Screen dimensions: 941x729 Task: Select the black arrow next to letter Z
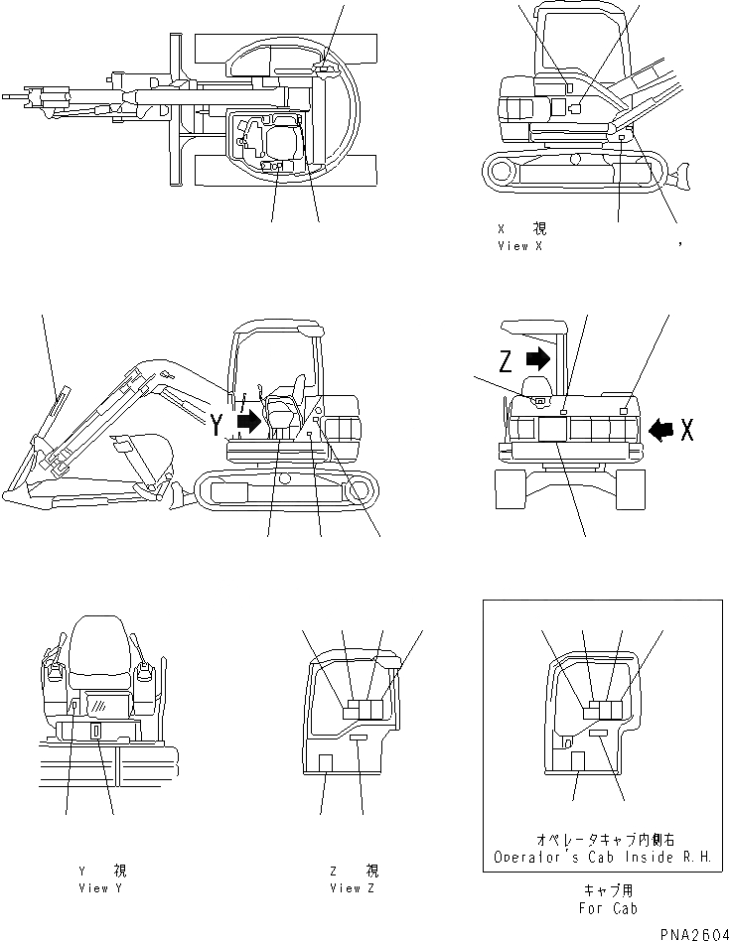538,357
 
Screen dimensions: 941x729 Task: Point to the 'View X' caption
519,238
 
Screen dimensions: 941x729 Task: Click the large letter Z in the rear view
506,359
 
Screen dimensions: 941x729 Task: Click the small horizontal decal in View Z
360,739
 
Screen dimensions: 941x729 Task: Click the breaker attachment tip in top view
12,97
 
